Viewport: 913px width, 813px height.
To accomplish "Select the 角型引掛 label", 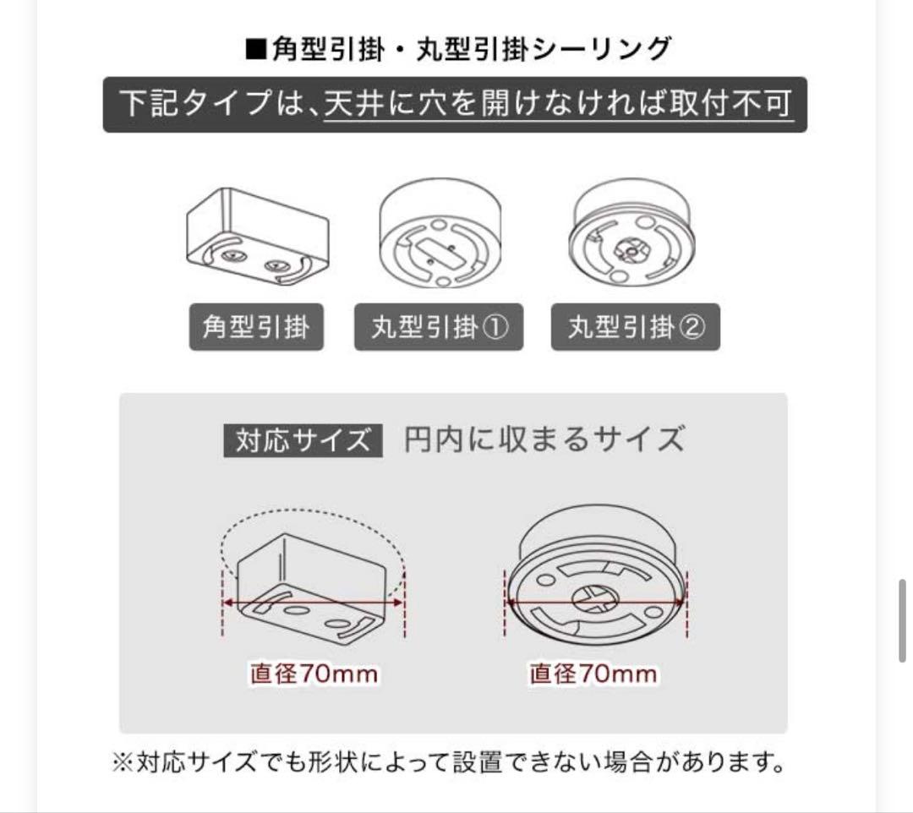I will click(x=257, y=327).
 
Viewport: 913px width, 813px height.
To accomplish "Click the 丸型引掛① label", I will click(x=439, y=327).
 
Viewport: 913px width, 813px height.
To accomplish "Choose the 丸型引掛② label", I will click(x=636, y=327).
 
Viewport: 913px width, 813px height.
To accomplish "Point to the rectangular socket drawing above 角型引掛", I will click(x=257, y=236).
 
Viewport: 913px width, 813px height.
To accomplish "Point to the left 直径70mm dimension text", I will click(x=314, y=674).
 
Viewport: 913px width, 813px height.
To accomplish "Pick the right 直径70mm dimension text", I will click(x=593, y=674).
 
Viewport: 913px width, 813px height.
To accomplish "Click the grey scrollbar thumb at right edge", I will click(x=903, y=619).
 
